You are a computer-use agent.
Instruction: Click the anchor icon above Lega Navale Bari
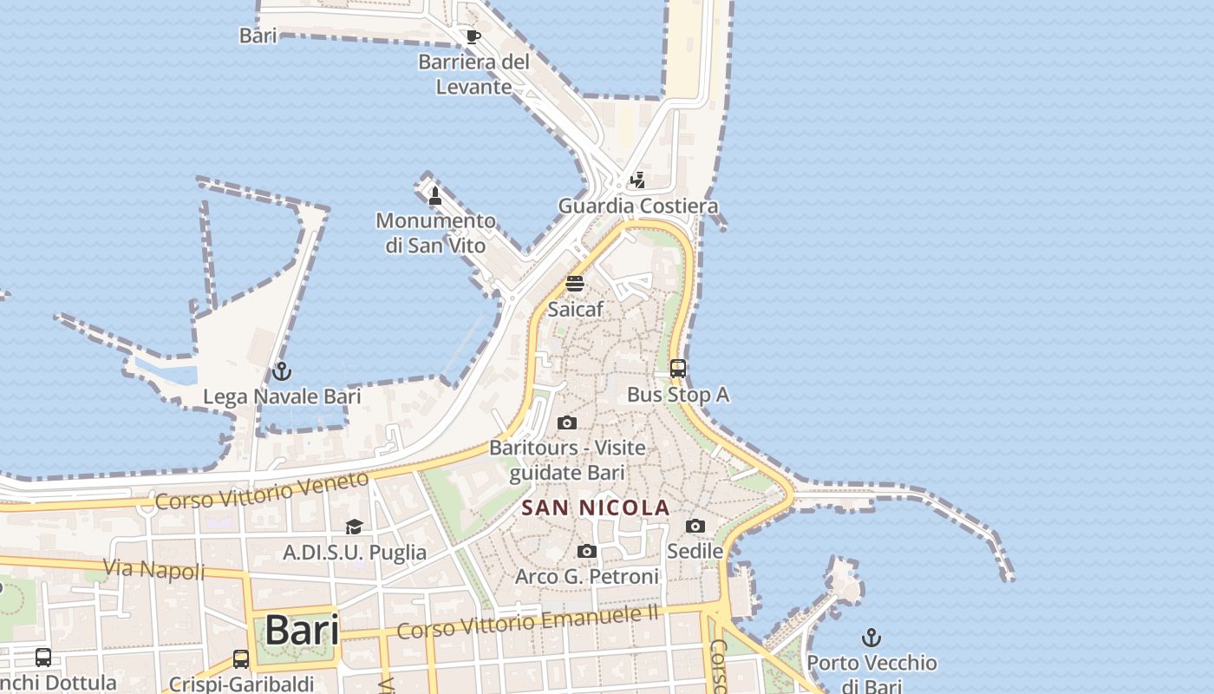(x=281, y=371)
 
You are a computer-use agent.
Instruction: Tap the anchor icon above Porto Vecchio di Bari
(x=871, y=638)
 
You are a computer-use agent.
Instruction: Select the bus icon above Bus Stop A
(x=678, y=369)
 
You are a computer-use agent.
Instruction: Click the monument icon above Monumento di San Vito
(x=435, y=196)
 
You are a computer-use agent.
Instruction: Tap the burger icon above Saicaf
(x=575, y=284)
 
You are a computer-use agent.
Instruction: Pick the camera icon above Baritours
(x=567, y=422)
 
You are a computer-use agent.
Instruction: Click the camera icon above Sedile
(x=695, y=526)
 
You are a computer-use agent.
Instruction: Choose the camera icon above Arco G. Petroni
(x=587, y=551)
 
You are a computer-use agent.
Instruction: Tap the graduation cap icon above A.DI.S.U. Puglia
(x=354, y=527)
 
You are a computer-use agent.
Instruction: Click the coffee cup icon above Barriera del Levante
(x=473, y=36)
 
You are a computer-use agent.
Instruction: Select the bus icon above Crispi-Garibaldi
(x=241, y=659)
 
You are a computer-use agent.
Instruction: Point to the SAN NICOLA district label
(x=596, y=507)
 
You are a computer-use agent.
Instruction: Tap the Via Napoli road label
(x=154, y=570)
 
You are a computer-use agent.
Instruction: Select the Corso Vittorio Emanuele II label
(x=527, y=622)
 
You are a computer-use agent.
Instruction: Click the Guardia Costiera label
(x=638, y=206)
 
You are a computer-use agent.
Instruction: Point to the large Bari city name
(x=302, y=630)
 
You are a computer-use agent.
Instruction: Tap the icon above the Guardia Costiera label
(x=638, y=180)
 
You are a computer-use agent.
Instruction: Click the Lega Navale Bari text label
(x=282, y=397)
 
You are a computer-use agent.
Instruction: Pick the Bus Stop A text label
(x=678, y=395)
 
